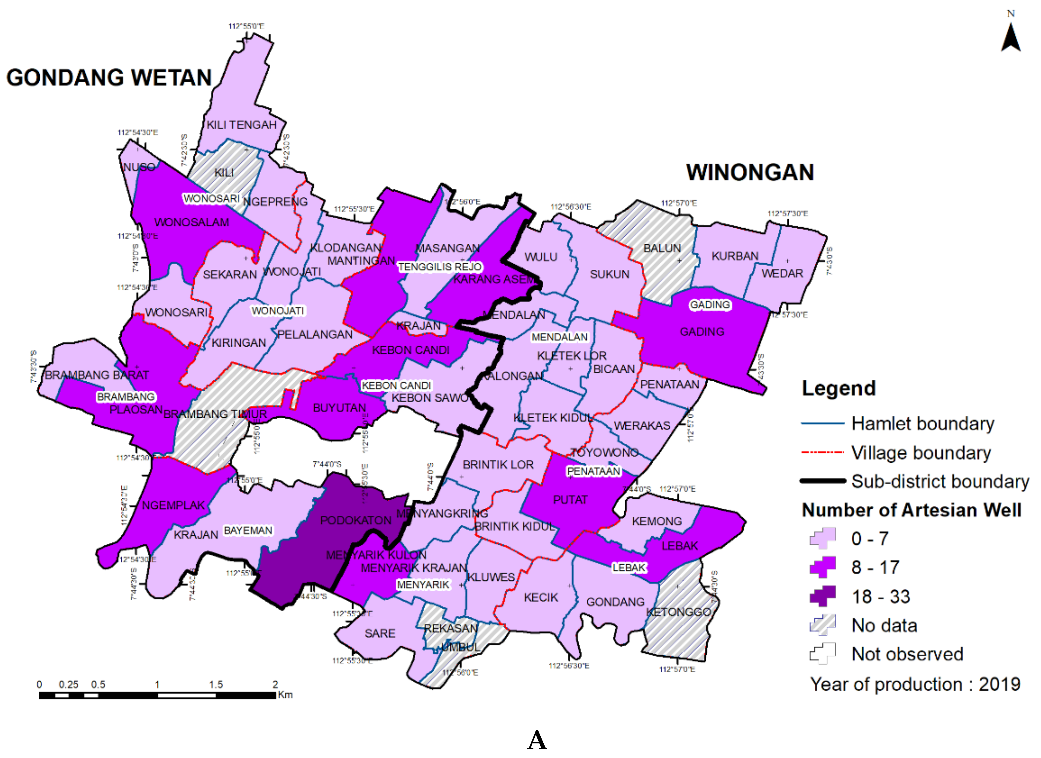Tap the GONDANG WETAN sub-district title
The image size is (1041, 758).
(109, 78)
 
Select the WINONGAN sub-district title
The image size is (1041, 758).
(750, 173)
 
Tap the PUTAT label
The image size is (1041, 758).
(570, 500)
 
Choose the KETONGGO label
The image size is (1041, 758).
(678, 612)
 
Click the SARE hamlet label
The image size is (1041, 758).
(380, 634)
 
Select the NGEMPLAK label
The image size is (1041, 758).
(173, 505)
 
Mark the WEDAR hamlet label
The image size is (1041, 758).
(782, 274)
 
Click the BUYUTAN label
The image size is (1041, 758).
(339, 408)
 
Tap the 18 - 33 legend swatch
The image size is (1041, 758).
(822, 596)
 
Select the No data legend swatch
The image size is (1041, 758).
(822, 625)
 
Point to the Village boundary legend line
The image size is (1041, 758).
(822, 452)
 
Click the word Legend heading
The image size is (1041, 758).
(838, 388)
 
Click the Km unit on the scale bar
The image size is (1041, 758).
(285, 695)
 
